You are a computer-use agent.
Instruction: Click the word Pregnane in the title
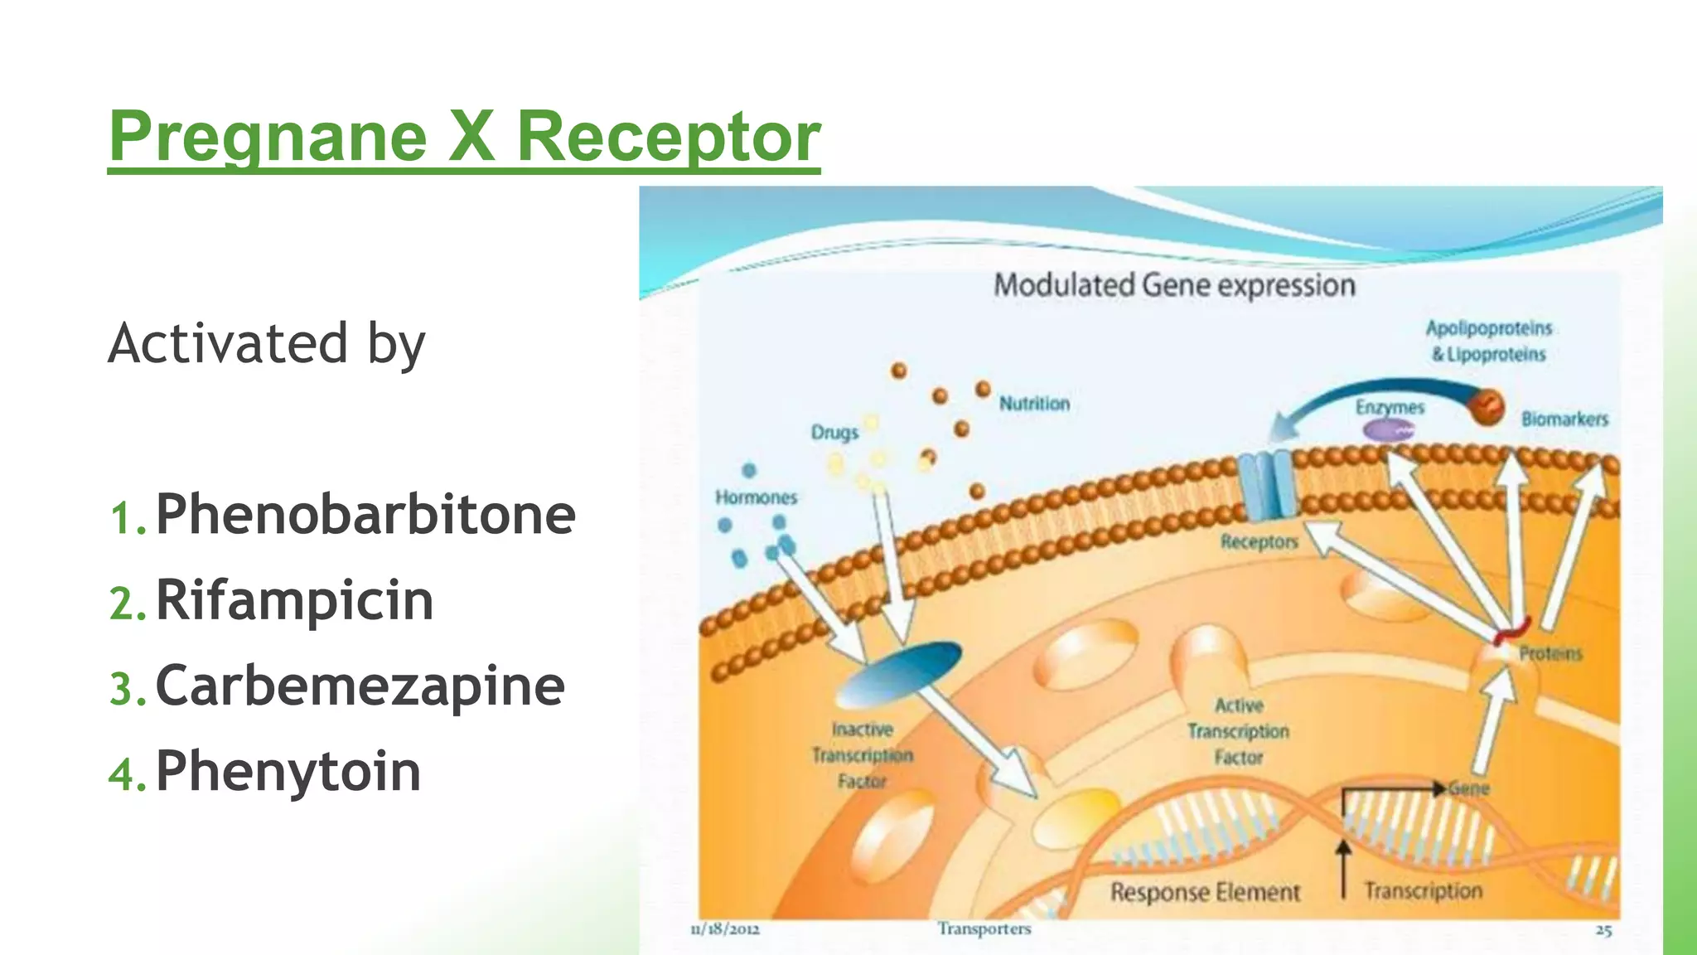click(268, 137)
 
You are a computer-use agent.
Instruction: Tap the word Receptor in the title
click(668, 137)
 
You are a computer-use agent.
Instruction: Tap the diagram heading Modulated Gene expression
click(1174, 285)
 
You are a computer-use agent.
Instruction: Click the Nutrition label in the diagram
click(1034, 404)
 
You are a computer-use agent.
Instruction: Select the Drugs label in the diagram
click(834, 433)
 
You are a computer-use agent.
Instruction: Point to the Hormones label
click(756, 497)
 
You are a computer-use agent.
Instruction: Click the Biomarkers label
click(1564, 419)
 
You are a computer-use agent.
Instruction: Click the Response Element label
click(1205, 893)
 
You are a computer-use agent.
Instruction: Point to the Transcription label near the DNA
click(1423, 891)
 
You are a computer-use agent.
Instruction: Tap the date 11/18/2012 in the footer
click(724, 929)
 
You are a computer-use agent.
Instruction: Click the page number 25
click(1603, 930)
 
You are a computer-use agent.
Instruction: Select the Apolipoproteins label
click(1488, 328)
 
